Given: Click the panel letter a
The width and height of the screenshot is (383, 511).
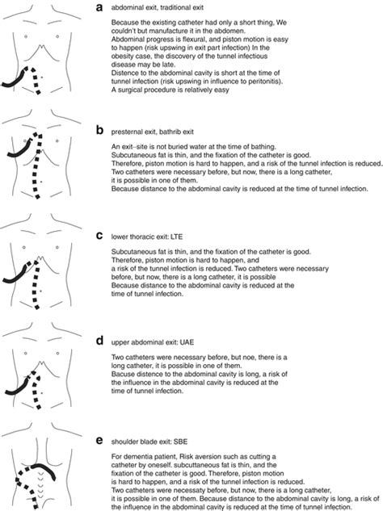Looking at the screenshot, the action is click(x=99, y=8).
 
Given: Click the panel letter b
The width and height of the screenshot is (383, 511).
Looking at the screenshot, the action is click(x=99, y=128).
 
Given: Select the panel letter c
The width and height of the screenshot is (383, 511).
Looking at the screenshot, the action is click(x=99, y=236).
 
